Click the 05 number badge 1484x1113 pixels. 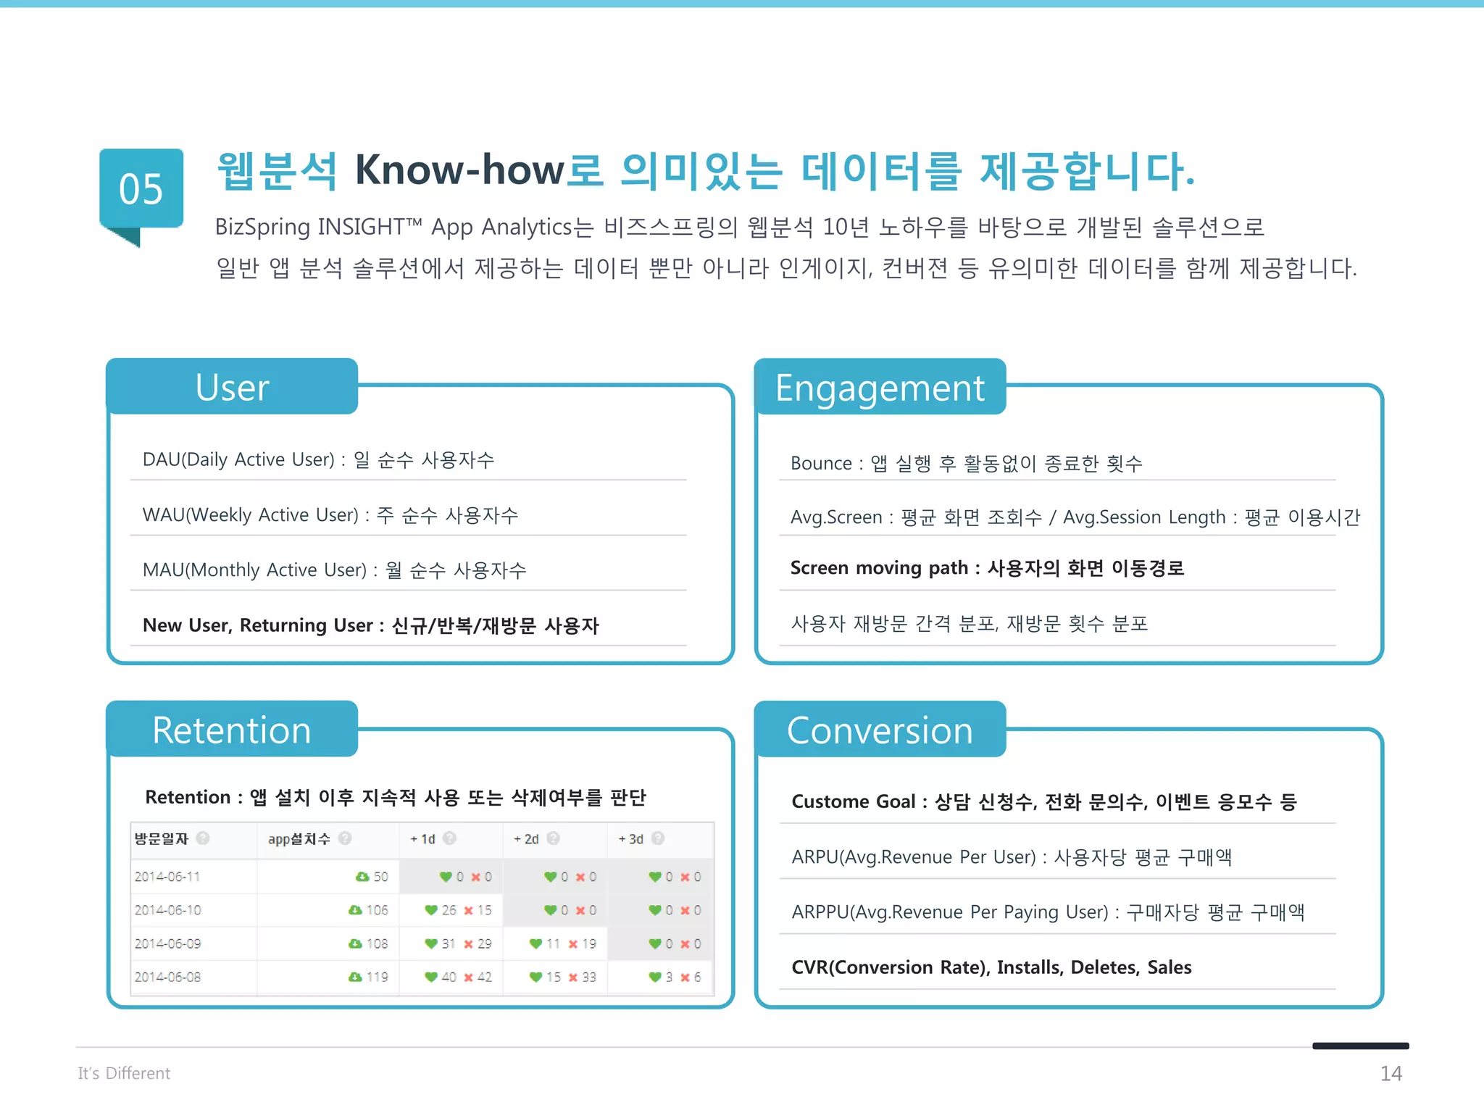pyautogui.click(x=141, y=189)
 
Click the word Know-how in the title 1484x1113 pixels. pyautogui.click(x=459, y=171)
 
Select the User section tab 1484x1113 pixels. pyautogui.click(x=232, y=387)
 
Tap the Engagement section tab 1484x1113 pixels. pyautogui.click(x=880, y=388)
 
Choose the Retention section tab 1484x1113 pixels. pyautogui.click(x=232, y=730)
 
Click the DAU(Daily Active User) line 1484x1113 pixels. pyautogui.click(x=318, y=459)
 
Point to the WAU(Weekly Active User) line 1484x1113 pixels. pyautogui.click(x=330, y=515)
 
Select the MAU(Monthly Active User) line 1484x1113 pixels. pyautogui.click(x=334, y=570)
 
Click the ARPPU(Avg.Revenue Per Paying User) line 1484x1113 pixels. pyautogui.click(x=1048, y=912)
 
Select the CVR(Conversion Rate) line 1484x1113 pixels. pyautogui.click(x=991, y=967)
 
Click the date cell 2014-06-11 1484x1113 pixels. pyautogui.click(x=167, y=877)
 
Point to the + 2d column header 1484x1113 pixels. pyautogui.click(x=527, y=839)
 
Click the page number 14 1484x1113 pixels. pyautogui.click(x=1391, y=1073)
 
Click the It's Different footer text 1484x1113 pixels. pyautogui.click(x=124, y=1073)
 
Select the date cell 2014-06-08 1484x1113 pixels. pyautogui.click(x=167, y=977)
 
